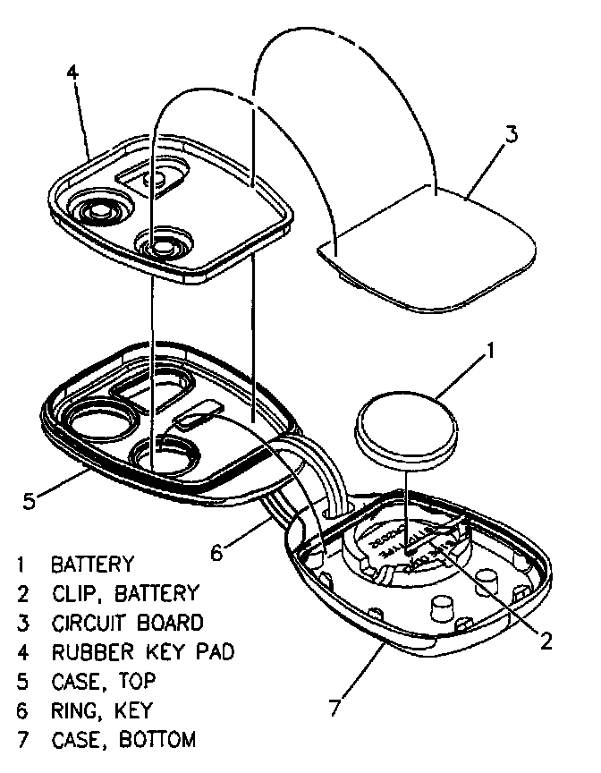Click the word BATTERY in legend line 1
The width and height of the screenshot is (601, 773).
[x=92, y=565]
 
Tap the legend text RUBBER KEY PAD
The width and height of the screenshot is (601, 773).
[x=142, y=651]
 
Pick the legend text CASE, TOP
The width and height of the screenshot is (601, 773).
[x=103, y=681]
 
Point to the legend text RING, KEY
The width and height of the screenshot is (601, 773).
[x=101, y=710]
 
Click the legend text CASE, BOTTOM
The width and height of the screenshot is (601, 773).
[x=123, y=740]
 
